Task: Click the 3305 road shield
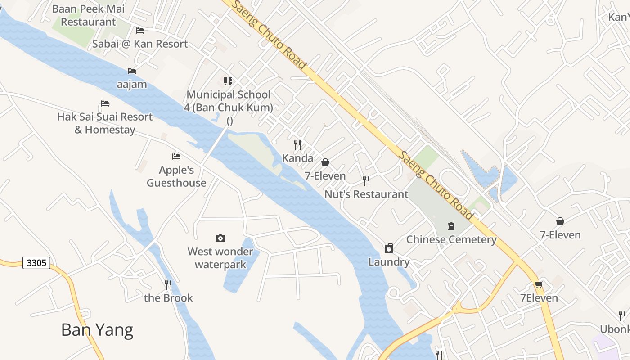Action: click(x=36, y=263)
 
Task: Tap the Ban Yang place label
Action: click(x=97, y=330)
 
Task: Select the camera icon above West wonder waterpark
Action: click(x=220, y=238)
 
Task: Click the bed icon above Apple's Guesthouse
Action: click(x=176, y=157)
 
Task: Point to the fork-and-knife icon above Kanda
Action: click(x=297, y=144)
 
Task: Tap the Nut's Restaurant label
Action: click(x=366, y=194)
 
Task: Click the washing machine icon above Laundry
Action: click(x=389, y=248)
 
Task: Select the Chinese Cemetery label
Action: click(x=451, y=239)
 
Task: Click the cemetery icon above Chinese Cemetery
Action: click(x=451, y=226)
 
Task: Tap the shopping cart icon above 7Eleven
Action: click(x=539, y=284)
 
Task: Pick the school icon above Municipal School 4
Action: click(x=228, y=81)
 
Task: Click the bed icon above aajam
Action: click(x=132, y=71)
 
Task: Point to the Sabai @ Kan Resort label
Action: click(x=140, y=44)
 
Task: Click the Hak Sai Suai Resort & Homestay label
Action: click(x=105, y=123)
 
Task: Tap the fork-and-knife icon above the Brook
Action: click(x=168, y=284)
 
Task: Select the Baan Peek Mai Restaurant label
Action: click(x=89, y=15)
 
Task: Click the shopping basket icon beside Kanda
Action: click(x=325, y=162)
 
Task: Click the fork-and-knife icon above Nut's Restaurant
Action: click(x=366, y=181)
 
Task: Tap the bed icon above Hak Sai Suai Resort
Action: click(x=105, y=103)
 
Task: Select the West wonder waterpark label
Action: click(x=220, y=258)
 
